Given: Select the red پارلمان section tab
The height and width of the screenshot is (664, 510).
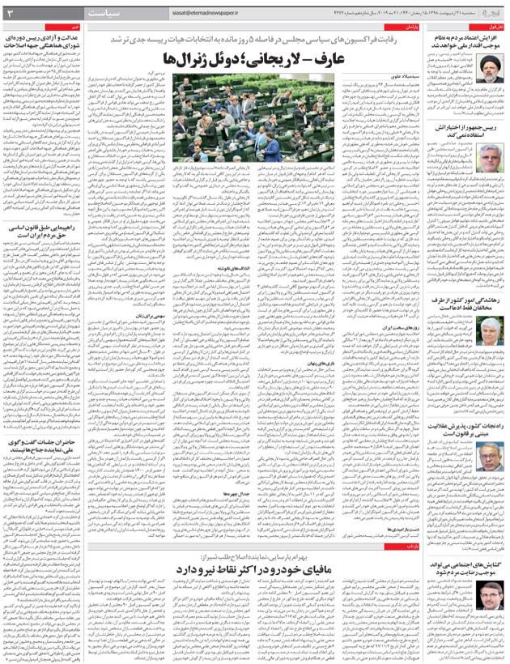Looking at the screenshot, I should tap(409, 27).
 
